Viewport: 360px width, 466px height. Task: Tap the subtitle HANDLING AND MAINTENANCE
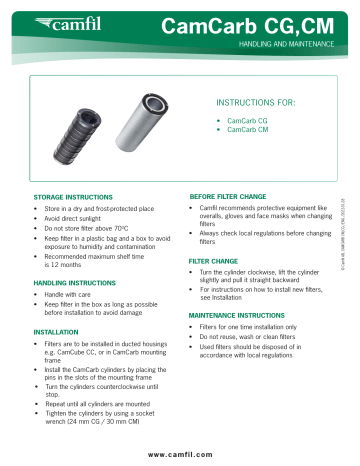[x=294, y=46]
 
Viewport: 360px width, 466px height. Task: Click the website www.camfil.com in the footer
[x=179, y=455]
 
